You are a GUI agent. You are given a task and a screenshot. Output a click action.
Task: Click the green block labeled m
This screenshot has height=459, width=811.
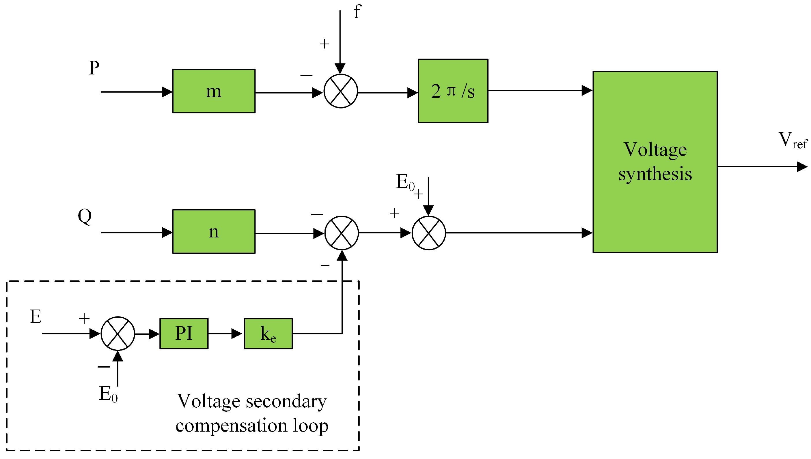click(214, 91)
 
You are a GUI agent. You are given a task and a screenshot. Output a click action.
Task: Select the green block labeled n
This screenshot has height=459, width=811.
click(214, 231)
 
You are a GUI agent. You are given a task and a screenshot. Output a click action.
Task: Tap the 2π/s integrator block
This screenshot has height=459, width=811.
click(453, 91)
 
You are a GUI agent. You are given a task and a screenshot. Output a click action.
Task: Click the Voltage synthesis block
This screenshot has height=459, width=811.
click(655, 162)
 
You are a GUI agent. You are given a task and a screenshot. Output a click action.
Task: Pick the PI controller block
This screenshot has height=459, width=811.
click(184, 334)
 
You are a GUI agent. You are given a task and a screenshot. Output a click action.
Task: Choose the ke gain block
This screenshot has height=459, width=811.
click(268, 334)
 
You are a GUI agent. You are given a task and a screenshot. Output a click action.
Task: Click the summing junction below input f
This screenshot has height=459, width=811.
click(341, 91)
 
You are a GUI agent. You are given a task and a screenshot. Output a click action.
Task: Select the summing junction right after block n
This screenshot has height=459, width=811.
click(342, 233)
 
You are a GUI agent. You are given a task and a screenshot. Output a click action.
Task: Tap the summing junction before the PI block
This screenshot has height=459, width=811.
click(118, 334)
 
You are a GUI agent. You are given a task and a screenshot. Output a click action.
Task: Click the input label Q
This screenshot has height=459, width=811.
click(85, 217)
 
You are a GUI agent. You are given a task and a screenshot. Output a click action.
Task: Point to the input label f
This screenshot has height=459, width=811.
click(357, 12)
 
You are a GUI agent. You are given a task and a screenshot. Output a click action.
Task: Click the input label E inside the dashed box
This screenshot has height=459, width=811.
click(36, 316)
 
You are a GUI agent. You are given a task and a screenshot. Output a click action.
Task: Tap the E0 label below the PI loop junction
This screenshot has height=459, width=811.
click(109, 394)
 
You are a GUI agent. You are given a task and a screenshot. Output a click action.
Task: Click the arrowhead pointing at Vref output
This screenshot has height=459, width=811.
click(802, 166)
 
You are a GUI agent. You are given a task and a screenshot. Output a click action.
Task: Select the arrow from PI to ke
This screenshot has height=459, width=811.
click(225, 334)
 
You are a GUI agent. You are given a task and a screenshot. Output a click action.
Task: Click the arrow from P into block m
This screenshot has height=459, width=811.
click(137, 92)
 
